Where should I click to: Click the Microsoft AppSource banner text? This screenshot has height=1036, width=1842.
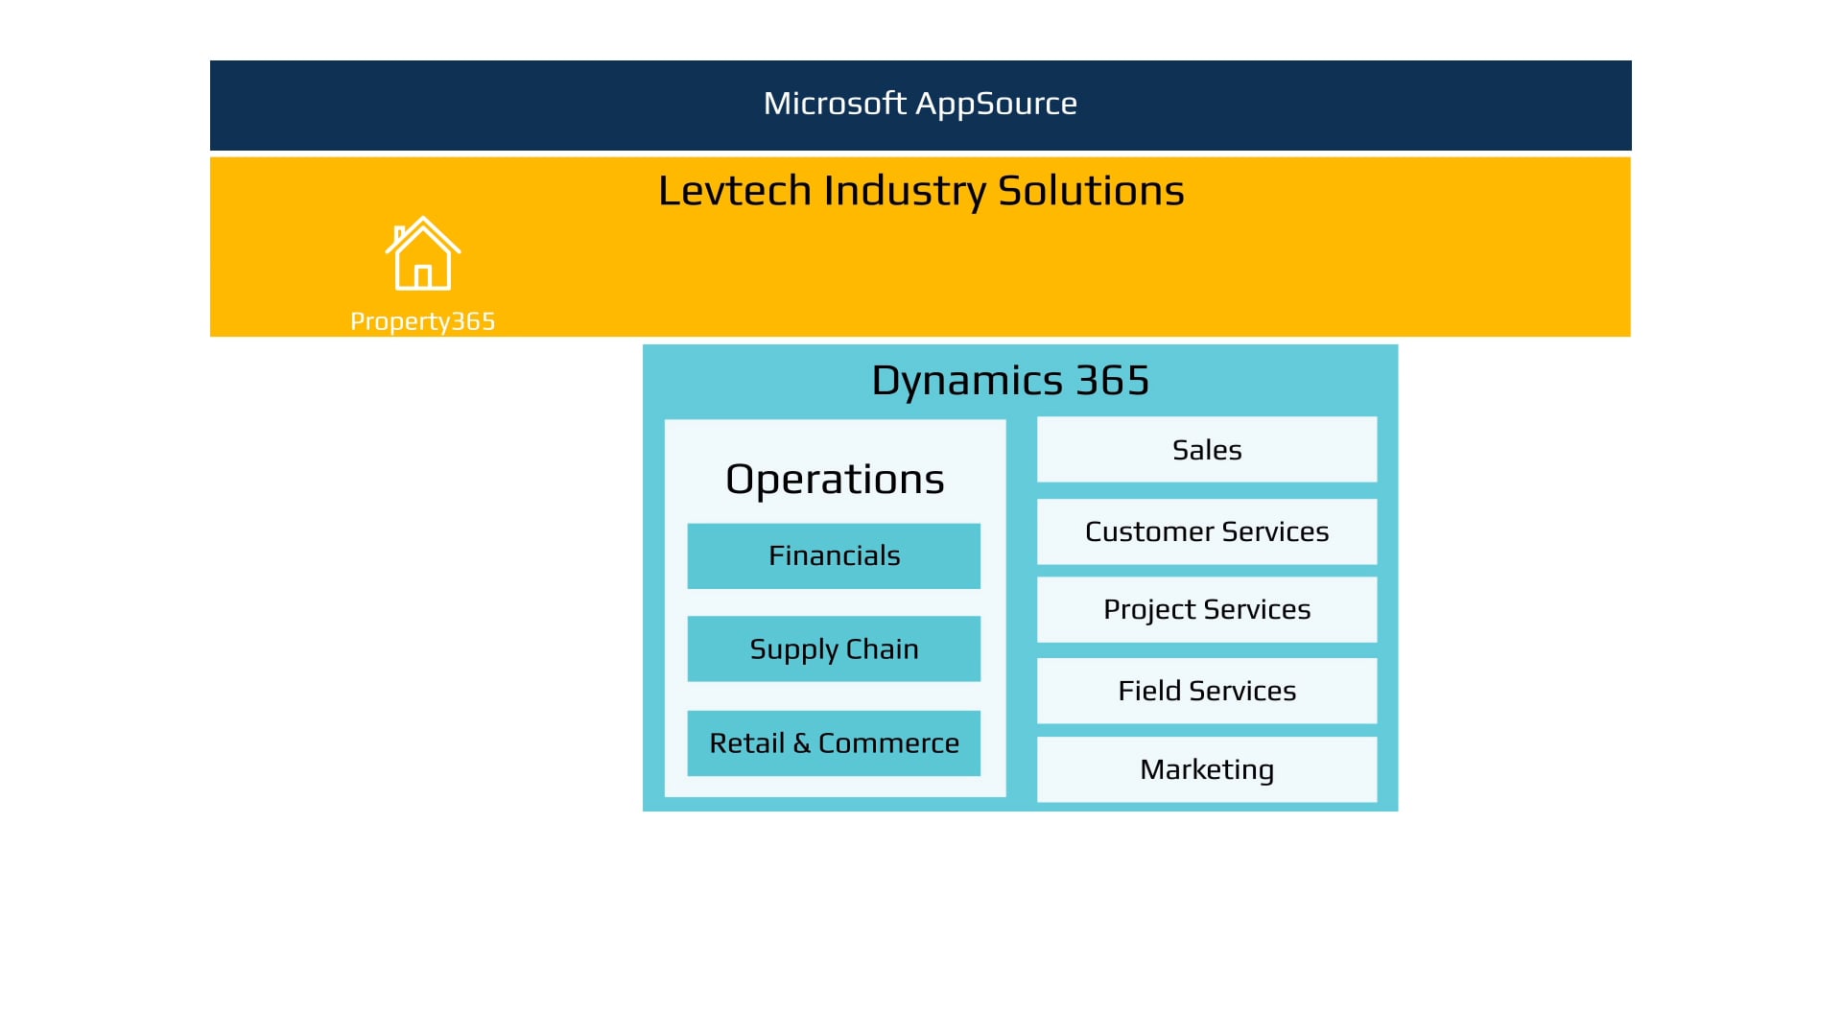920,104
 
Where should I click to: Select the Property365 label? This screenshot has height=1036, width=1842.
422,321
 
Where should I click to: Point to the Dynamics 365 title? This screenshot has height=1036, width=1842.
1009,381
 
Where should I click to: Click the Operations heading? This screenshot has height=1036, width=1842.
835,479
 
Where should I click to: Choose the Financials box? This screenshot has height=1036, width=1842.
834,555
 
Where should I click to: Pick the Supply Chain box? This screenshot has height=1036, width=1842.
834,648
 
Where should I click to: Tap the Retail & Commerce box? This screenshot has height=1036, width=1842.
834,743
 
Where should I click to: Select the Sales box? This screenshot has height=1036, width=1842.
1206,450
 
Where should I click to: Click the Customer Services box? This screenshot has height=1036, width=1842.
1206,531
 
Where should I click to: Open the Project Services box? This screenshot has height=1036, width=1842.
1206,609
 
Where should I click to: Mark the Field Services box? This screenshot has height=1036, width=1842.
1206,691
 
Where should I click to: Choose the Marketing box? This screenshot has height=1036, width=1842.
1206,769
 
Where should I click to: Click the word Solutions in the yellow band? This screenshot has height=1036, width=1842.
1091,191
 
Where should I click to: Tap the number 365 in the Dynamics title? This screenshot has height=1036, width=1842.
1112,381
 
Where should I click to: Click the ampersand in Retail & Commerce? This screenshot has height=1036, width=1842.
801,743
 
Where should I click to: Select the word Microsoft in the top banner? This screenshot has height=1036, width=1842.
834,104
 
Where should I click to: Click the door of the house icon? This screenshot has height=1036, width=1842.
423,277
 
